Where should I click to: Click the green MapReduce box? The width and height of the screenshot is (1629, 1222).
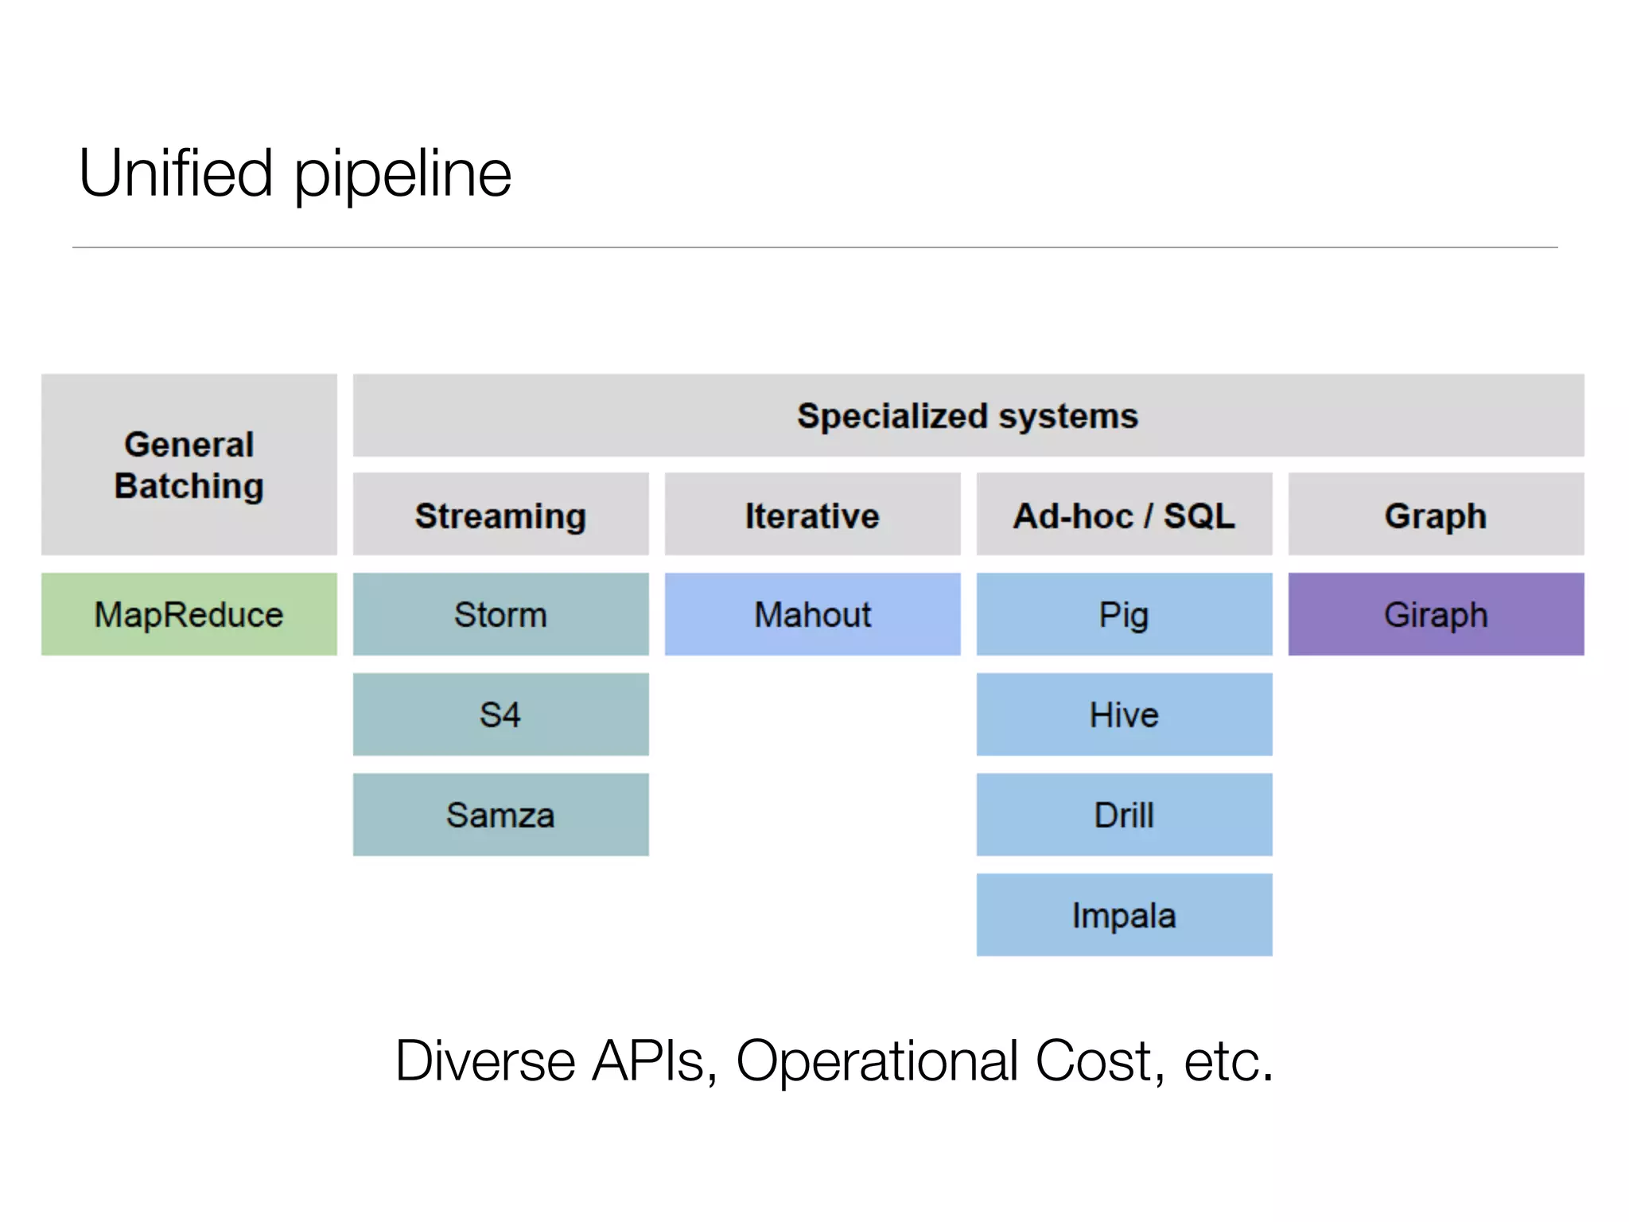tap(189, 614)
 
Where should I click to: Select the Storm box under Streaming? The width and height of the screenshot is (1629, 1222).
tap(500, 614)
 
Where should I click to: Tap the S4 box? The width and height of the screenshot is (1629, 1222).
tap(500, 714)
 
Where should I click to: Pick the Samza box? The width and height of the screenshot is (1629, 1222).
tap(500, 815)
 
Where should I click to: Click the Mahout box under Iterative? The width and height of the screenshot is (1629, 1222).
tap(812, 614)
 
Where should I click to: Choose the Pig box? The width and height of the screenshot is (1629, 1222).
tap(1124, 614)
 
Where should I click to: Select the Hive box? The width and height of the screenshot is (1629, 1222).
tap(1124, 714)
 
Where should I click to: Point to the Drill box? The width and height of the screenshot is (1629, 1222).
tap(1124, 815)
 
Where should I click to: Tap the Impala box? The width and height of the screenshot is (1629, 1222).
tap(1124, 915)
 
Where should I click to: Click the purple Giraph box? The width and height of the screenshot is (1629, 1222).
tap(1436, 614)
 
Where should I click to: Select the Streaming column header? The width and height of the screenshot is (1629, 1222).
tap(500, 515)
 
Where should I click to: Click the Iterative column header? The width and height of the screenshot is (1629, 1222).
tap(812, 515)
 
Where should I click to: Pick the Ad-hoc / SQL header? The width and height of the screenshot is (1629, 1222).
tap(1124, 515)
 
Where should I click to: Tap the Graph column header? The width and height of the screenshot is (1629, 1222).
tap(1436, 515)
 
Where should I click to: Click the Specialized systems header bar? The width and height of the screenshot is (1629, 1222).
tap(968, 415)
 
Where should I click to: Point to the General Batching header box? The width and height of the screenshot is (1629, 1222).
tap(189, 465)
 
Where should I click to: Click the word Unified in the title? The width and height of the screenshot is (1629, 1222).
tap(176, 173)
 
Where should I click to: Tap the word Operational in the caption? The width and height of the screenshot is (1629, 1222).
tap(877, 1061)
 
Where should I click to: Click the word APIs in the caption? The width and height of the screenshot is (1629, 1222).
tap(647, 1061)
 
